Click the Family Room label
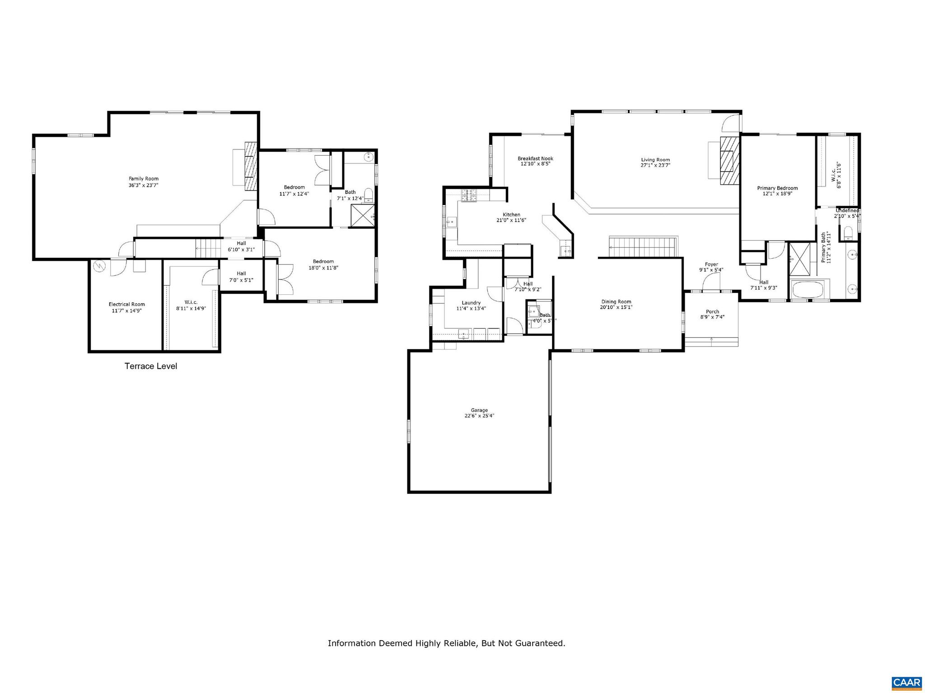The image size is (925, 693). pos(144,179)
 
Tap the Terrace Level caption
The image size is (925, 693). pos(151,366)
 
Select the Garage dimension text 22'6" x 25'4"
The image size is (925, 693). pos(479,416)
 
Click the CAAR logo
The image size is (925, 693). pos(906,682)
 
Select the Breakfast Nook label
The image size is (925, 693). pos(535,158)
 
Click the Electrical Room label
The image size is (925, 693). pos(126,304)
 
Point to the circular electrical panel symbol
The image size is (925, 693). pos(99,266)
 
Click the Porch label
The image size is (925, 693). pos(712,312)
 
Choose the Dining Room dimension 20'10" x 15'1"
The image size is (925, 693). pos(616,307)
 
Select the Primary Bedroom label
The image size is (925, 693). pos(777,188)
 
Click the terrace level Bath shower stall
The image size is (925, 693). pos(363,215)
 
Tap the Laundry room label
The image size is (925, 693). pos(471,303)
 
